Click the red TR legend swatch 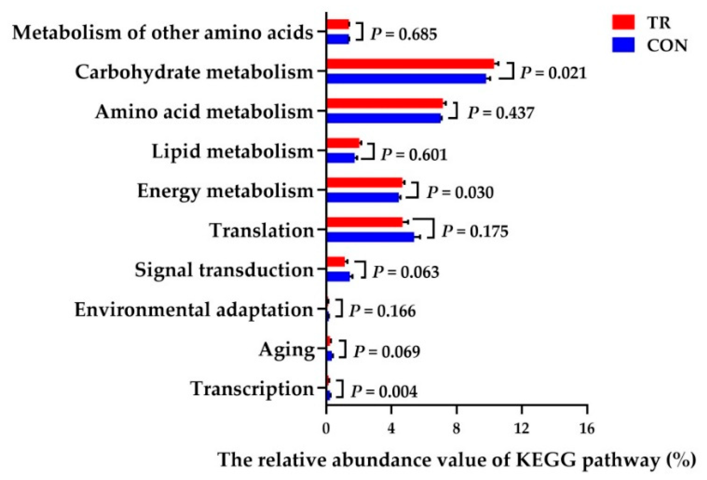[623, 22]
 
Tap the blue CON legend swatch [623, 45]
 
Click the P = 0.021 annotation [553, 73]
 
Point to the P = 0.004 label [384, 391]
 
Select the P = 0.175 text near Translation [475, 231]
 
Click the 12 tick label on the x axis [522, 428]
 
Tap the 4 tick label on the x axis [391, 428]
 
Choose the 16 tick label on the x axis [586, 428]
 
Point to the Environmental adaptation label [194, 310]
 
